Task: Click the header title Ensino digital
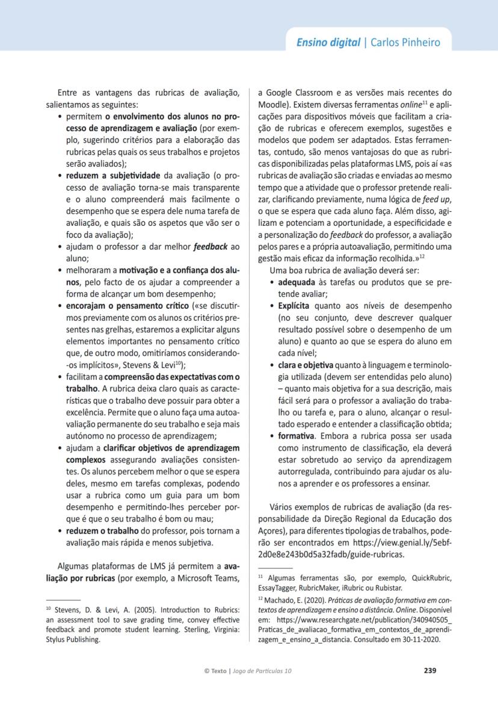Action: coord(329,42)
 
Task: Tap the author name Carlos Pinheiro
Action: coord(405,42)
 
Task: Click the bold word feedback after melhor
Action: coord(211,247)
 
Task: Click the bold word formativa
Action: coord(295,435)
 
